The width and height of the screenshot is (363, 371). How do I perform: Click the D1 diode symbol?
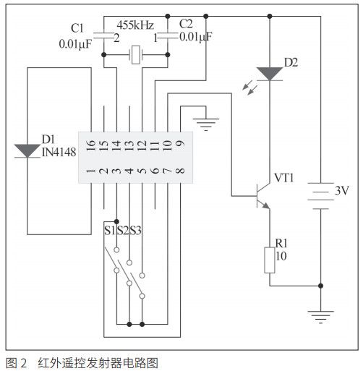(x=27, y=150)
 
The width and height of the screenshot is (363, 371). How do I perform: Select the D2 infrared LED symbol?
(x=269, y=72)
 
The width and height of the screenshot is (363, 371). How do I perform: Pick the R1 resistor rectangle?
(x=269, y=259)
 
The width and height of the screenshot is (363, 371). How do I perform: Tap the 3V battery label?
(x=341, y=192)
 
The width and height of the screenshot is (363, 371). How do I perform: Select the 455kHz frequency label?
(x=134, y=24)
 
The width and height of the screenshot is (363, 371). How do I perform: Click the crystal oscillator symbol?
(x=134, y=53)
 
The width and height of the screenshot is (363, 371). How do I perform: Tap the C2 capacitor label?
(x=185, y=25)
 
